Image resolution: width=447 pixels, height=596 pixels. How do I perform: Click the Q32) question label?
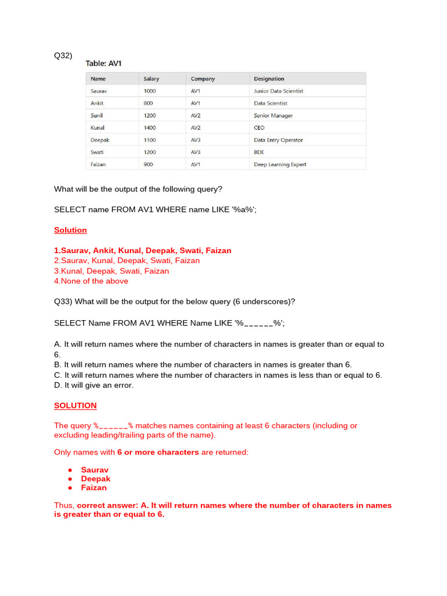63,55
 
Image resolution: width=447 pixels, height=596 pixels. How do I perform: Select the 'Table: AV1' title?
104,63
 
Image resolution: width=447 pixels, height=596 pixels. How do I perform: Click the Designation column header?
269,79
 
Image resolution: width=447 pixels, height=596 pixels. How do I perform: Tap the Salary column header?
151,79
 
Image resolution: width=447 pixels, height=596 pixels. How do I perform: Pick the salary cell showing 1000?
150,91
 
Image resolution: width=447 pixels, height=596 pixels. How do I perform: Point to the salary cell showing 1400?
150,127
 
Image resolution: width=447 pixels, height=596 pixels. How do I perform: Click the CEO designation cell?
260,127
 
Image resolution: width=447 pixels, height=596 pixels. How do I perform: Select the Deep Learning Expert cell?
280,164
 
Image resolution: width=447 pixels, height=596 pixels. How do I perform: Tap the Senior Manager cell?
274,115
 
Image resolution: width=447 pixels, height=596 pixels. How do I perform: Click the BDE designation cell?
260,152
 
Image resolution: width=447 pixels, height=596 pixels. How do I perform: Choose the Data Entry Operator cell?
278,140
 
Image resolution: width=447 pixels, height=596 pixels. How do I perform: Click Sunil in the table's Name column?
97,115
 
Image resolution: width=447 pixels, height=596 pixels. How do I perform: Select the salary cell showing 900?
148,164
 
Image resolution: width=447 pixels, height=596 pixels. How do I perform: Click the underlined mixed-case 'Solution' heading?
70,230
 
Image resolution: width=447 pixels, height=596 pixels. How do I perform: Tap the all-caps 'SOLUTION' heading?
75,405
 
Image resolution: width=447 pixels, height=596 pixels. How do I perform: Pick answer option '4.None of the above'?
91,281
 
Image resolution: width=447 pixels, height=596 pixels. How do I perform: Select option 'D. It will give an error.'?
94,385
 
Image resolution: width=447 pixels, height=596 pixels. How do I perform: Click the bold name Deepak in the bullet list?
95,478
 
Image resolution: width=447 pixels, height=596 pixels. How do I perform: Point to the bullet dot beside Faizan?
70,488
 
